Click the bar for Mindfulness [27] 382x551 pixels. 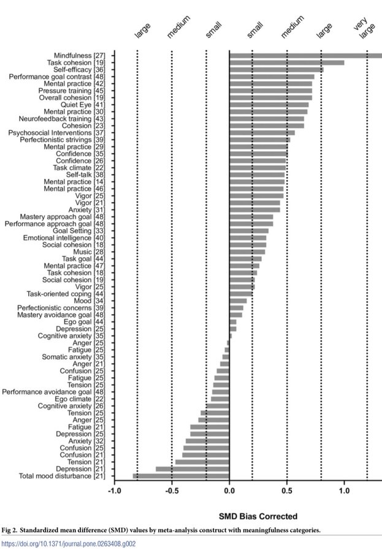[305, 56]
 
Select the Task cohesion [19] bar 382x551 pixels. [287, 62]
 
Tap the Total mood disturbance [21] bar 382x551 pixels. [181, 476]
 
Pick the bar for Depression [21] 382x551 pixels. [193, 469]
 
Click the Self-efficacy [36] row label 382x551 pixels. [79, 70]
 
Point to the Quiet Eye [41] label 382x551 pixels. [83, 105]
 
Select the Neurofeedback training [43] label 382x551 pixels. [62, 119]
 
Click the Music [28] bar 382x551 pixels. [247, 252]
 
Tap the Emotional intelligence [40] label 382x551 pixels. [64, 238]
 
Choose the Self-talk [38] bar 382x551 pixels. [257, 174]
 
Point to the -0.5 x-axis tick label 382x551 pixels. [172, 491]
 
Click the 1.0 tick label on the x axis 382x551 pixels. [345, 491]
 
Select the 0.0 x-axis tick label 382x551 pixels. [229, 491]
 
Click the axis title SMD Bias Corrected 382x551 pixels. [258, 516]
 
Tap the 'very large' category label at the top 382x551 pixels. [364, 28]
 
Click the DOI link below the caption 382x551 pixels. [69, 544]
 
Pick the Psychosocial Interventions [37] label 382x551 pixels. [56, 133]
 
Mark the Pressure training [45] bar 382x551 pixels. [271, 91]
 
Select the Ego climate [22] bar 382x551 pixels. [220, 399]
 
